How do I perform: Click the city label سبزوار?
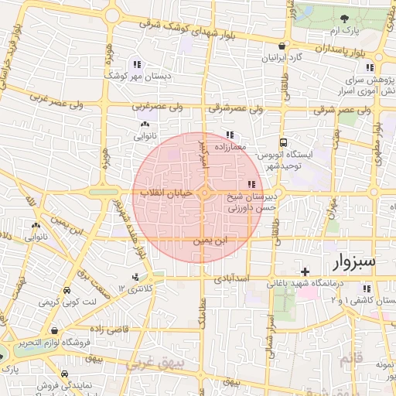354,261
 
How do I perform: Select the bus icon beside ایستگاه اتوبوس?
285,142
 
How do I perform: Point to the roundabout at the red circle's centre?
205,193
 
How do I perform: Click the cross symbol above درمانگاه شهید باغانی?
306,271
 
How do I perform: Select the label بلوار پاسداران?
335,49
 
